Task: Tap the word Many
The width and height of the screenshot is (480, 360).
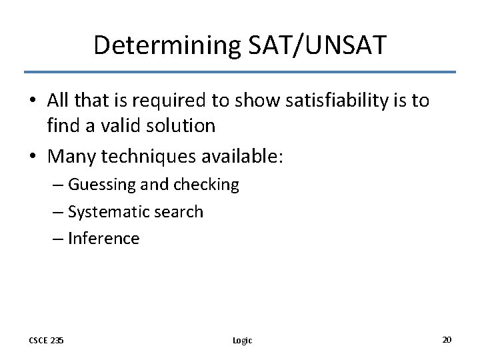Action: point(71,157)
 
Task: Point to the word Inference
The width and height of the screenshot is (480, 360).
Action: point(104,239)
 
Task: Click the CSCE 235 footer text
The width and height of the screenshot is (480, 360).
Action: point(46,340)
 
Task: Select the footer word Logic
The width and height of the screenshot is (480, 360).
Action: point(242,340)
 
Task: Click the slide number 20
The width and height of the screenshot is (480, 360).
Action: point(447,339)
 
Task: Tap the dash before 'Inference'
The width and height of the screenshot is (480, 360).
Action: point(59,239)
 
